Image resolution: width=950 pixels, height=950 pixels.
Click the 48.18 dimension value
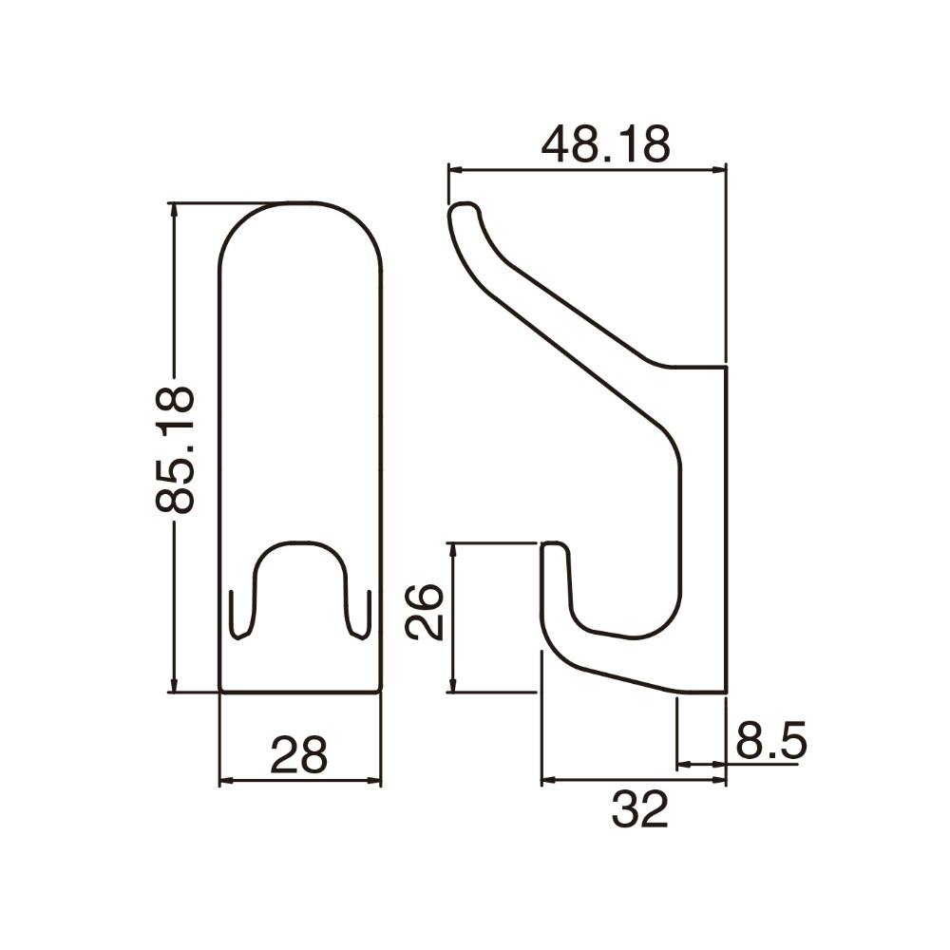[x=605, y=144]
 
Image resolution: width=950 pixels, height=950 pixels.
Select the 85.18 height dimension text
[x=175, y=449]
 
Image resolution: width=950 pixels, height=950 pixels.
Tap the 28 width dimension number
[x=298, y=754]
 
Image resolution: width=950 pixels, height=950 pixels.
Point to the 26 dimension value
[x=425, y=611]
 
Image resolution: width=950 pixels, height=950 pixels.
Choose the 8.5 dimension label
[x=771, y=739]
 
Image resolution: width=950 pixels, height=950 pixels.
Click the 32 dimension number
[x=639, y=809]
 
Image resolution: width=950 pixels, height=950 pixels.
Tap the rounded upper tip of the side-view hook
[x=464, y=210]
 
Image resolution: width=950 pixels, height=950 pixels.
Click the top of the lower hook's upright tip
[x=554, y=545]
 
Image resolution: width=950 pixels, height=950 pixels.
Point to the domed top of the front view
[x=300, y=203]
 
